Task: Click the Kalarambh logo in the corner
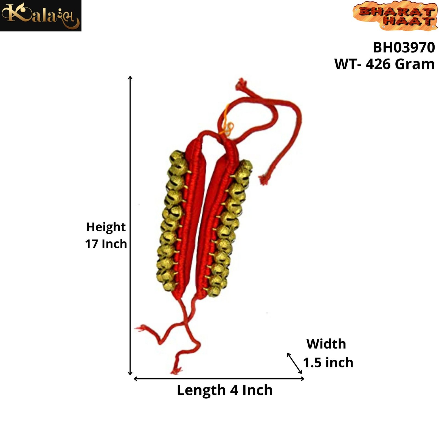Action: (x=41, y=16)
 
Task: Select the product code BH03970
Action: (x=404, y=47)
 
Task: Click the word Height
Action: (x=106, y=227)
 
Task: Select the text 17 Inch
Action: (x=106, y=244)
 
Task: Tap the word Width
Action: (x=326, y=344)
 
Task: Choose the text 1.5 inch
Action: (x=328, y=362)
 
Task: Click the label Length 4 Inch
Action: (x=224, y=390)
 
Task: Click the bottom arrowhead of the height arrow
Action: (x=130, y=373)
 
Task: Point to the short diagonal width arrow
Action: (x=294, y=363)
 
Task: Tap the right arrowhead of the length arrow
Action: (x=303, y=379)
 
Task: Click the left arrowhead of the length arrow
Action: (x=135, y=379)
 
